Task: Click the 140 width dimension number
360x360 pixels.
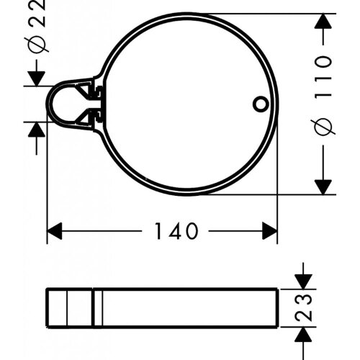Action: tap(176, 232)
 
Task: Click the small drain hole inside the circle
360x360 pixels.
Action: tap(260, 104)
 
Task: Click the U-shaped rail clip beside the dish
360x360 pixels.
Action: tap(63, 104)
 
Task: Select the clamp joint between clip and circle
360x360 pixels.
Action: tap(95, 103)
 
